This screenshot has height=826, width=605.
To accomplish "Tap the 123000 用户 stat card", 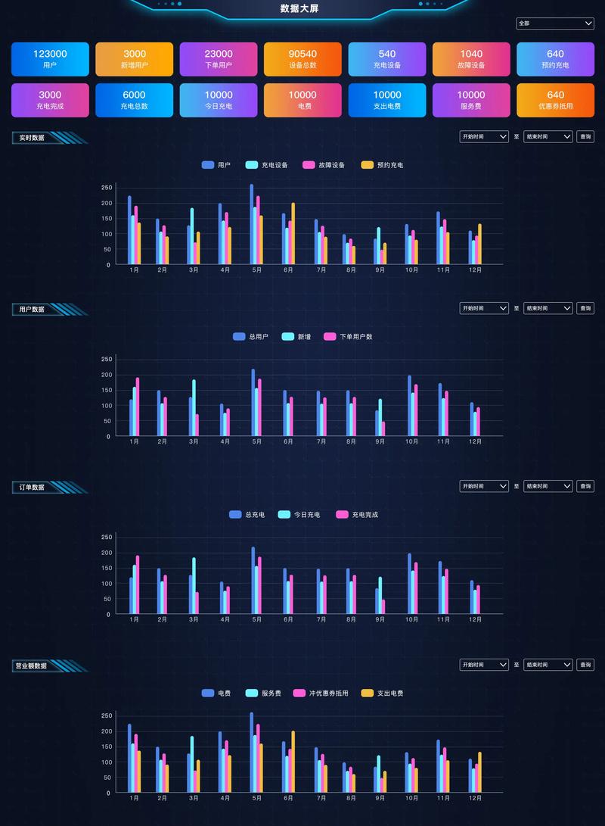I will pyautogui.click(x=50, y=59).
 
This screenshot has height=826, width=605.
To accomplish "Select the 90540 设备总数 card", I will pyautogui.click(x=302, y=59).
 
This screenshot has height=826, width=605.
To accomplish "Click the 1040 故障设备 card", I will pyautogui.click(x=470, y=59).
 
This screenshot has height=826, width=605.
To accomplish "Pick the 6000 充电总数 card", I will pyautogui.click(x=134, y=100).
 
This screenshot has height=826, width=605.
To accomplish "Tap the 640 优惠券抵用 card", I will pyautogui.click(x=555, y=100).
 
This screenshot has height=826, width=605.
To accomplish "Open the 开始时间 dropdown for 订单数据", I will pyautogui.click(x=484, y=486).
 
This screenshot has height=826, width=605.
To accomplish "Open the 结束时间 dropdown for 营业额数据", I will pyautogui.click(x=548, y=665).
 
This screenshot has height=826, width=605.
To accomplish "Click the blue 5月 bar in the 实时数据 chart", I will pyautogui.click(x=252, y=225).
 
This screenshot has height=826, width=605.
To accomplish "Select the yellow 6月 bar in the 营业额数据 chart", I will pyautogui.click(x=293, y=762).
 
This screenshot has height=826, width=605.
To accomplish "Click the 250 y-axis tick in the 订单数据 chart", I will pyautogui.click(x=107, y=537).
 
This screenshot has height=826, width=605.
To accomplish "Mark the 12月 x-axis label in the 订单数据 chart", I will pyautogui.click(x=475, y=619).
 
